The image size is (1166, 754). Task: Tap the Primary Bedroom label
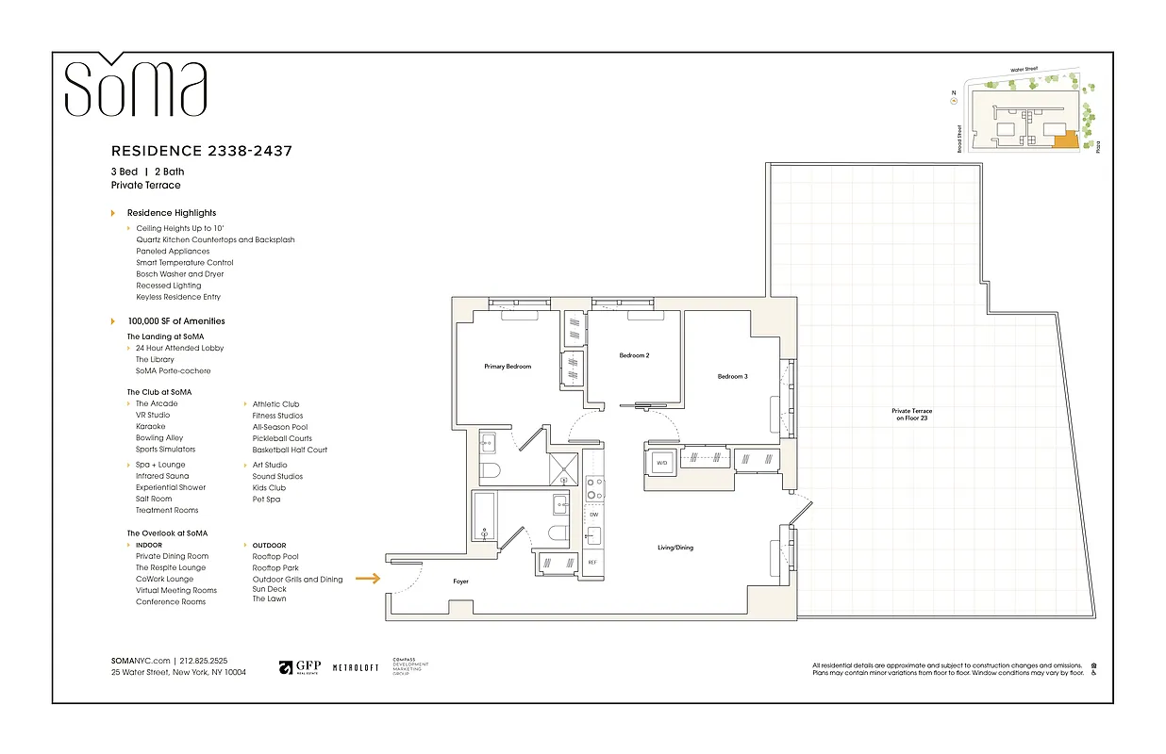pos(508,366)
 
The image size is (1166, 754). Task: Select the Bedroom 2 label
pos(634,355)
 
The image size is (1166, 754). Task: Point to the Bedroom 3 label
pos(732,376)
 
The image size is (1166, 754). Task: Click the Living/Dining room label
pos(675,548)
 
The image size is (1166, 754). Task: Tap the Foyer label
pos(460,582)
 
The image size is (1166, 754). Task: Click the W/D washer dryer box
pos(661,463)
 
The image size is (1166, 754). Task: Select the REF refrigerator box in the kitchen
pos(592,562)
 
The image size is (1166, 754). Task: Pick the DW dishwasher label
pos(593,516)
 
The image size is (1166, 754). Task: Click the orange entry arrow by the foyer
pos(368,580)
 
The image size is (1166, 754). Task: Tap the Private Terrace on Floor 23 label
pos(911,415)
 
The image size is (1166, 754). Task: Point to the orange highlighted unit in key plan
pos(1064,140)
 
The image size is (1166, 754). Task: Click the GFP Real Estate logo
pos(299,667)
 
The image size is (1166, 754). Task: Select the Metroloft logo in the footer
pos(356,667)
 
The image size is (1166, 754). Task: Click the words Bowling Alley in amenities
pos(159,438)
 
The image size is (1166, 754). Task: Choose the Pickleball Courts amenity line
pos(281,438)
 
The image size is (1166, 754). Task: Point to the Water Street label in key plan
pos(1029,69)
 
